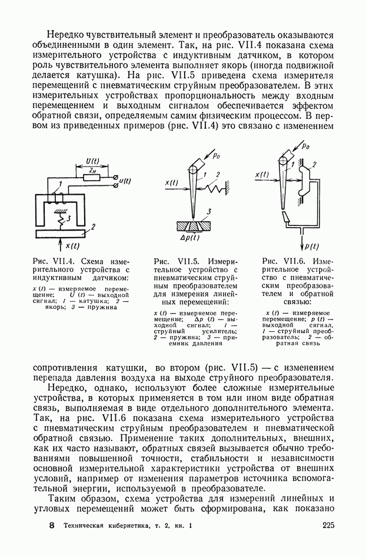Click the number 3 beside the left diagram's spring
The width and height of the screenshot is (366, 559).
point(69,219)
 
